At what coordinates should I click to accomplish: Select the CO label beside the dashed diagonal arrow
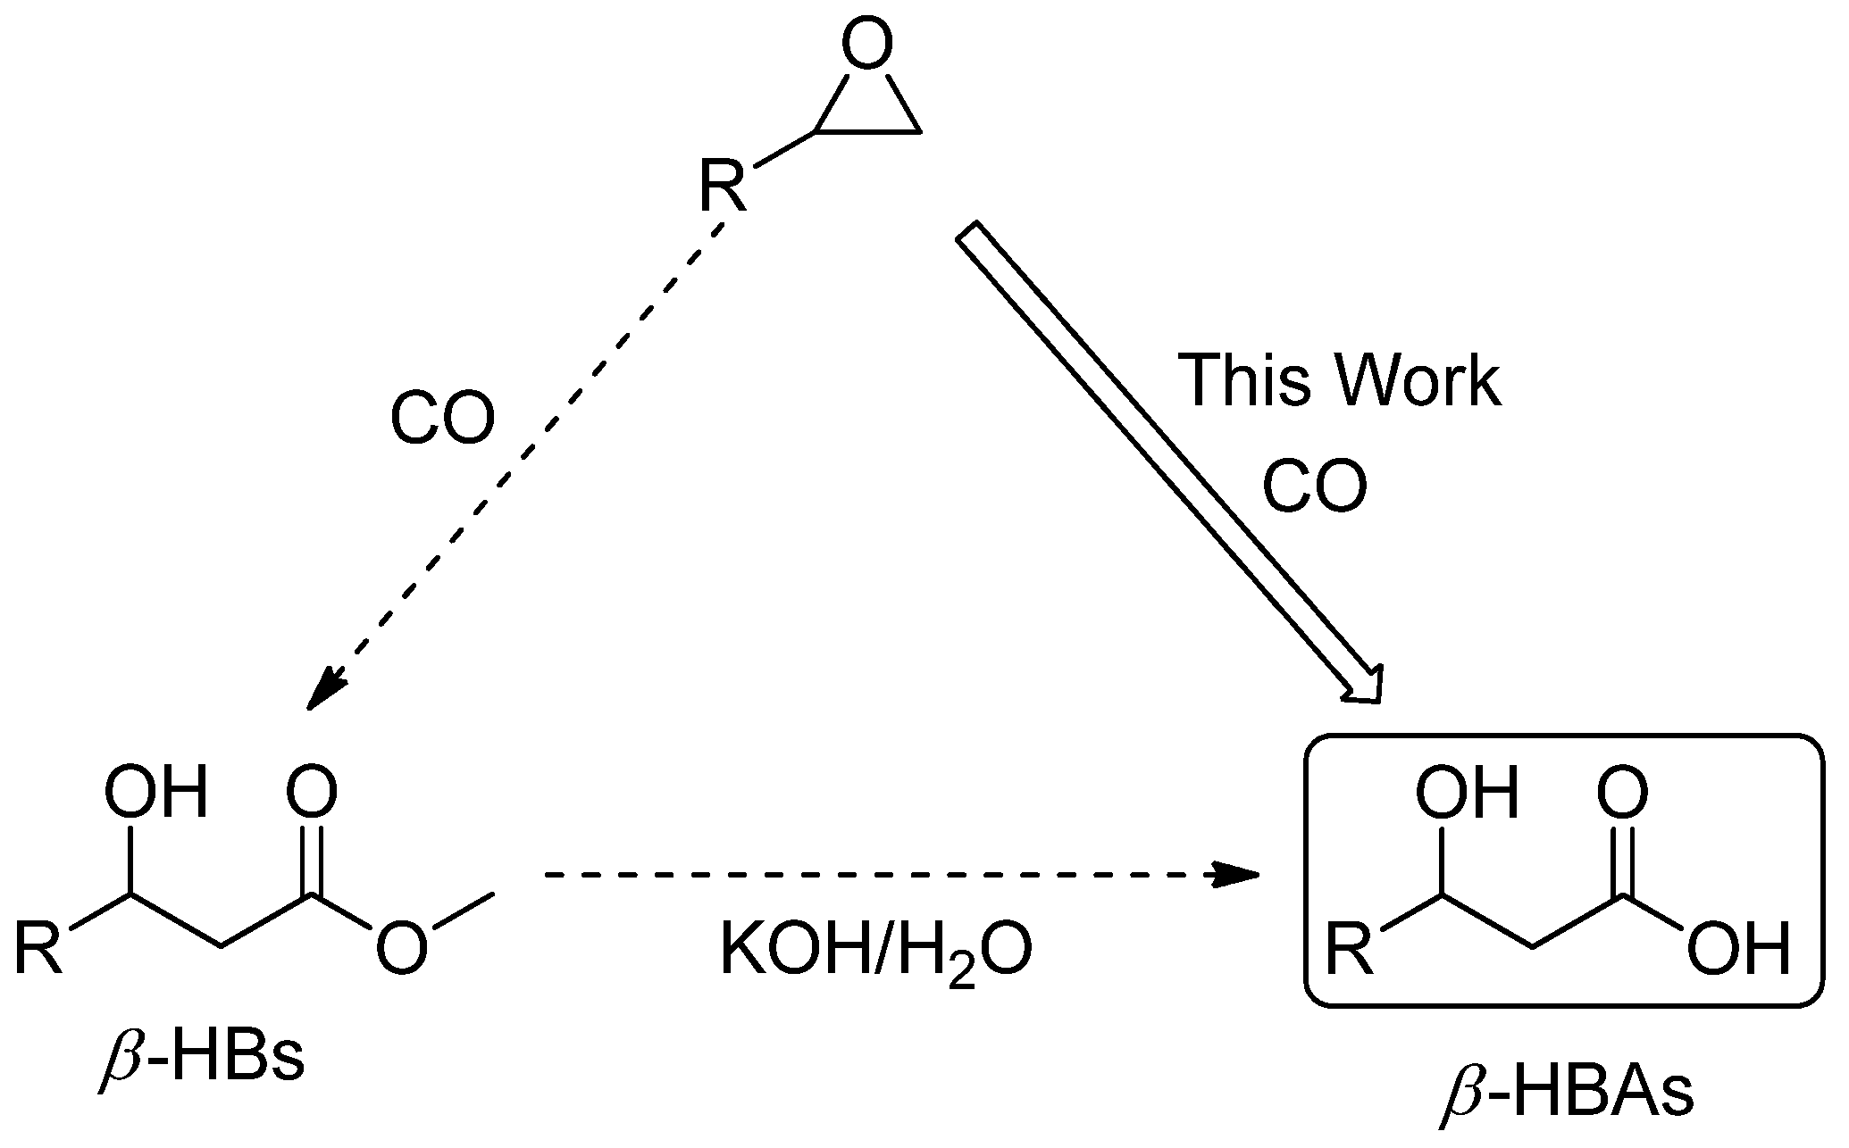pyautogui.click(x=442, y=420)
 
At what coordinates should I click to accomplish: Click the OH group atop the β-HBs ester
pyautogui.click(x=156, y=793)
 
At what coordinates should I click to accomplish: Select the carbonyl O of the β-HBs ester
pyautogui.click(x=312, y=793)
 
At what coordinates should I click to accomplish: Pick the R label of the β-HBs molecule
pyautogui.click(x=38, y=950)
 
